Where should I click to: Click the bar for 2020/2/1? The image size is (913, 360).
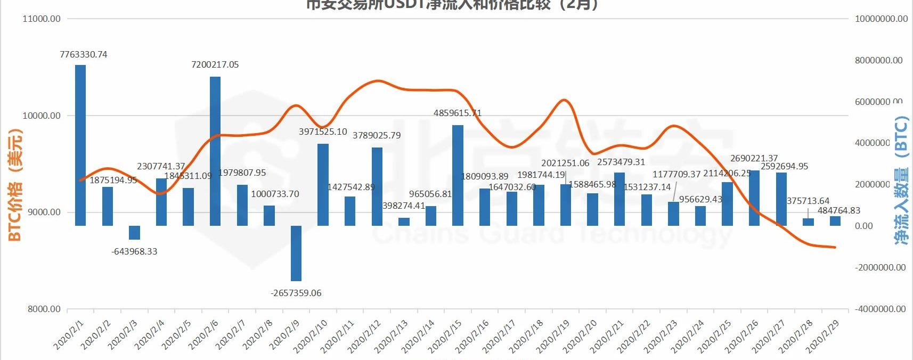tap(80, 145)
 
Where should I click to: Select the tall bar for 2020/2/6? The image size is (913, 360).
tap(215, 151)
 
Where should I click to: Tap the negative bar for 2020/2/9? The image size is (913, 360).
tap(296, 253)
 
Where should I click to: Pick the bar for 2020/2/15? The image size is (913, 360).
tap(458, 175)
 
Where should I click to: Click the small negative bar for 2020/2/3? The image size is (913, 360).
tap(134, 232)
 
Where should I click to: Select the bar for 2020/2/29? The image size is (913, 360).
tap(835, 220)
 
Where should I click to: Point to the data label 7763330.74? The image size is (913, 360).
tap(84, 54)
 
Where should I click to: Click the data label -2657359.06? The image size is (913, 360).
tap(296, 293)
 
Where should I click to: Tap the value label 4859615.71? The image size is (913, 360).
tap(458, 113)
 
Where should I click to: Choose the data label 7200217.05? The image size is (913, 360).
tap(215, 64)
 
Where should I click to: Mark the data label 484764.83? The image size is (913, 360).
tap(839, 210)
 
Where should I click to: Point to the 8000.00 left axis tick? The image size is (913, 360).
tap(44, 309)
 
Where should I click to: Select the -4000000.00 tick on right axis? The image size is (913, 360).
tap(881, 309)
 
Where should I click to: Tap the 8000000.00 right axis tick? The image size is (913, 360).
tap(879, 60)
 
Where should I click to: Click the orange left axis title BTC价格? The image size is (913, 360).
tap(15, 184)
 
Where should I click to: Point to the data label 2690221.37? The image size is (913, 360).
tap(754, 158)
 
